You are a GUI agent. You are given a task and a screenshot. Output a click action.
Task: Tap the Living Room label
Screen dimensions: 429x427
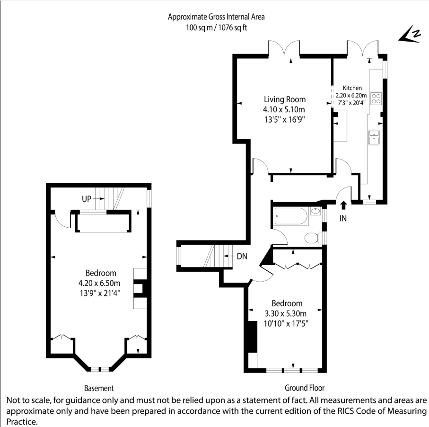point(285,99)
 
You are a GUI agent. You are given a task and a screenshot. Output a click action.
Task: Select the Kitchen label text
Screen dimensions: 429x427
point(352,88)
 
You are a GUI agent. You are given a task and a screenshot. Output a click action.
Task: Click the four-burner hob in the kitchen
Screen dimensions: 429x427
point(376,98)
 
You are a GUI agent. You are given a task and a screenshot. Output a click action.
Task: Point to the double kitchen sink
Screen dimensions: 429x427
point(374,137)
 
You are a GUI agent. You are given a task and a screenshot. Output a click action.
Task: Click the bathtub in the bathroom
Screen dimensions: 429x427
point(291,216)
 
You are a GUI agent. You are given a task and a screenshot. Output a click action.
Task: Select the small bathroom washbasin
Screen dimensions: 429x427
point(315,211)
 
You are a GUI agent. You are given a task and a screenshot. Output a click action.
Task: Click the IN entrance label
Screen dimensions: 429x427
point(343,218)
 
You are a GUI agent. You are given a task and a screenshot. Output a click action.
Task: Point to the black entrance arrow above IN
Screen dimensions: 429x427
point(344,205)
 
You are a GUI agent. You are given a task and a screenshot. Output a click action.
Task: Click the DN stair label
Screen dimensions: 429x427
point(242,257)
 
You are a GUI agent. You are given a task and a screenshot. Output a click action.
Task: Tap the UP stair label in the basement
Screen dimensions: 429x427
point(87,199)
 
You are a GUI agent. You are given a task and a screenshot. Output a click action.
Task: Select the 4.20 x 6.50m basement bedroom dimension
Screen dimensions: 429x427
point(99,283)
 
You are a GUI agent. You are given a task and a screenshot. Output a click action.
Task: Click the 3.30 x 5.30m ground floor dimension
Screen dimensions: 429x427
point(285,313)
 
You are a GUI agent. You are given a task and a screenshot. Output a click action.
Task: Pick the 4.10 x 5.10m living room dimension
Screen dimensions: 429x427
point(284,109)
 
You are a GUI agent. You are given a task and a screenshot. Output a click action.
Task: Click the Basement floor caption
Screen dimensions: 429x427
point(99,388)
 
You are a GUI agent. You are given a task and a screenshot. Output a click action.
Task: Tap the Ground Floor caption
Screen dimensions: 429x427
point(305,388)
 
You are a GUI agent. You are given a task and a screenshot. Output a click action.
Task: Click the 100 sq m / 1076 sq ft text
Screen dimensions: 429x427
point(217,27)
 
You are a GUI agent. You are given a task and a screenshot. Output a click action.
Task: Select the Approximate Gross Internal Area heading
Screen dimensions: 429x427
point(216,17)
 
